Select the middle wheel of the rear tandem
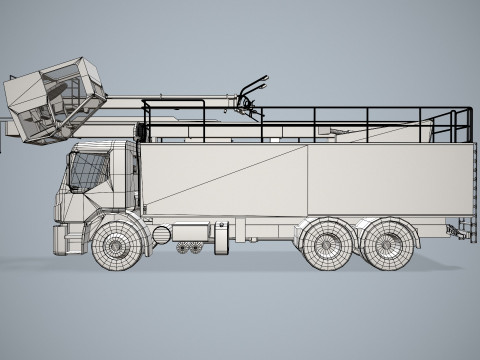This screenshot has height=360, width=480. (327, 243)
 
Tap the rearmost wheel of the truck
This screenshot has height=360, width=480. (389, 243)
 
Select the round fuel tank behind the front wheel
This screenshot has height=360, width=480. (161, 235)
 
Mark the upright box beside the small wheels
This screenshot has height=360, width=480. (220, 240)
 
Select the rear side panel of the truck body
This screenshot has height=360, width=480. (390, 180)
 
